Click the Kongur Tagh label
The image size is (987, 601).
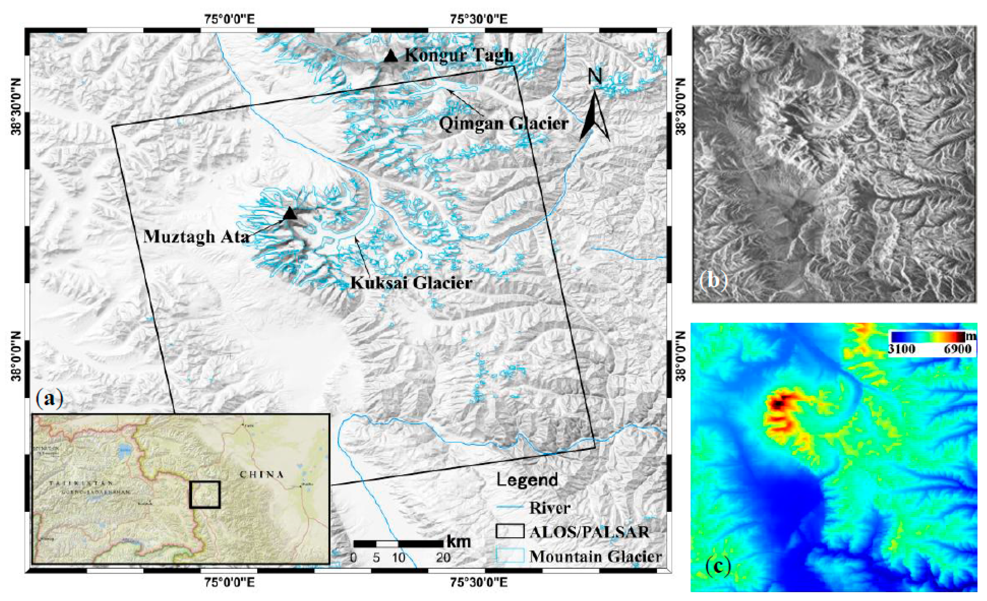458,55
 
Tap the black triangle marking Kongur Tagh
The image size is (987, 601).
391,56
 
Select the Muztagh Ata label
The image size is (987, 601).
196,237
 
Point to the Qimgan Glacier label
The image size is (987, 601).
504,123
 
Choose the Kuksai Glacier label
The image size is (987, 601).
411,283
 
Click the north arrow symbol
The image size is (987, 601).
594,116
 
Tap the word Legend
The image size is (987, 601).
527,479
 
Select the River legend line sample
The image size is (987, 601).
509,508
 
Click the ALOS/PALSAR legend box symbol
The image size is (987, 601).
509,531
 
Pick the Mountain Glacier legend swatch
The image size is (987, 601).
509,555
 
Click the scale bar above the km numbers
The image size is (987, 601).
398,543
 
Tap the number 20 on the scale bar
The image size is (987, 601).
443,557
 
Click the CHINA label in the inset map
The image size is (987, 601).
262,474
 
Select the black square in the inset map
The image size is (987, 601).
205,494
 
